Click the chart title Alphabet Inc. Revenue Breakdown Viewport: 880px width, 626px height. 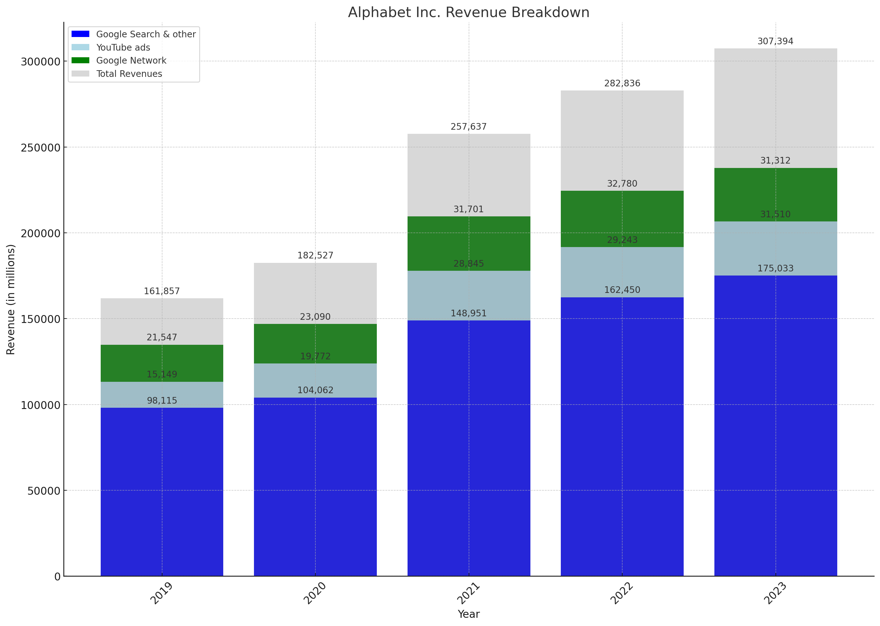tap(468, 12)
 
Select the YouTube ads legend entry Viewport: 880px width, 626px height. tap(123, 47)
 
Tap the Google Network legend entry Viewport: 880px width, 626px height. tap(131, 60)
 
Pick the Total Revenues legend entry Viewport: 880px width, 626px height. tap(129, 74)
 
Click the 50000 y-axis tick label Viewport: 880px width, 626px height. tap(44, 491)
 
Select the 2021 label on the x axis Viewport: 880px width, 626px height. tap(468, 594)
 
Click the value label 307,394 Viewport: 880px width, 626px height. tap(775, 41)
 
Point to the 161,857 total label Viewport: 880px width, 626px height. tap(161, 291)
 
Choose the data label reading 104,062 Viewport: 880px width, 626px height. tap(315, 390)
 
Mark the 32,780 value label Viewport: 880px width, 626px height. tap(622, 183)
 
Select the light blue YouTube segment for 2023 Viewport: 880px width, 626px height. tap(775, 249)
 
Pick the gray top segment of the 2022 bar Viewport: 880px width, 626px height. tap(622, 141)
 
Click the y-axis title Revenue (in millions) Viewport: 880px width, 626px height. tap(10, 299)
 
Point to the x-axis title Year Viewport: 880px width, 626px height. tap(468, 614)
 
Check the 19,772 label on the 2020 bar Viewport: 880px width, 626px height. tap(315, 356)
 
